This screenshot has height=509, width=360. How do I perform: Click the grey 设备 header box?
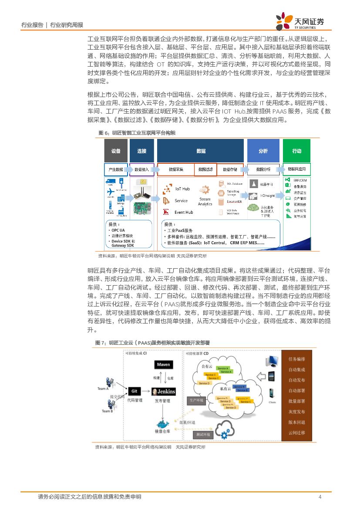[x=115, y=151]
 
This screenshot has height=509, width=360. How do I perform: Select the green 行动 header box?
[x=296, y=151]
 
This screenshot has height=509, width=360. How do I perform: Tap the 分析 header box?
[x=263, y=151]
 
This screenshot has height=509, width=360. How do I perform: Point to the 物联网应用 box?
[x=296, y=169]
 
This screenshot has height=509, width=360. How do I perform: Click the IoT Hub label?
[x=182, y=189]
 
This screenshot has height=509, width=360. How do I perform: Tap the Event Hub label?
[x=184, y=212]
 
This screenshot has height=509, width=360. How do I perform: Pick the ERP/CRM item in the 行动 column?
[x=299, y=180]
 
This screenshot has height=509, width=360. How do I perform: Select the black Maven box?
[x=163, y=364]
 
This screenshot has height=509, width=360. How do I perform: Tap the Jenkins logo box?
[x=163, y=391]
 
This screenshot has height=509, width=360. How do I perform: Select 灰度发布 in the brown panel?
[x=296, y=412]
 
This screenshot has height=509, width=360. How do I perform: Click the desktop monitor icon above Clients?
[x=273, y=361]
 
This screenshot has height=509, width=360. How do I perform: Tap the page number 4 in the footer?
[x=320, y=497]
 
